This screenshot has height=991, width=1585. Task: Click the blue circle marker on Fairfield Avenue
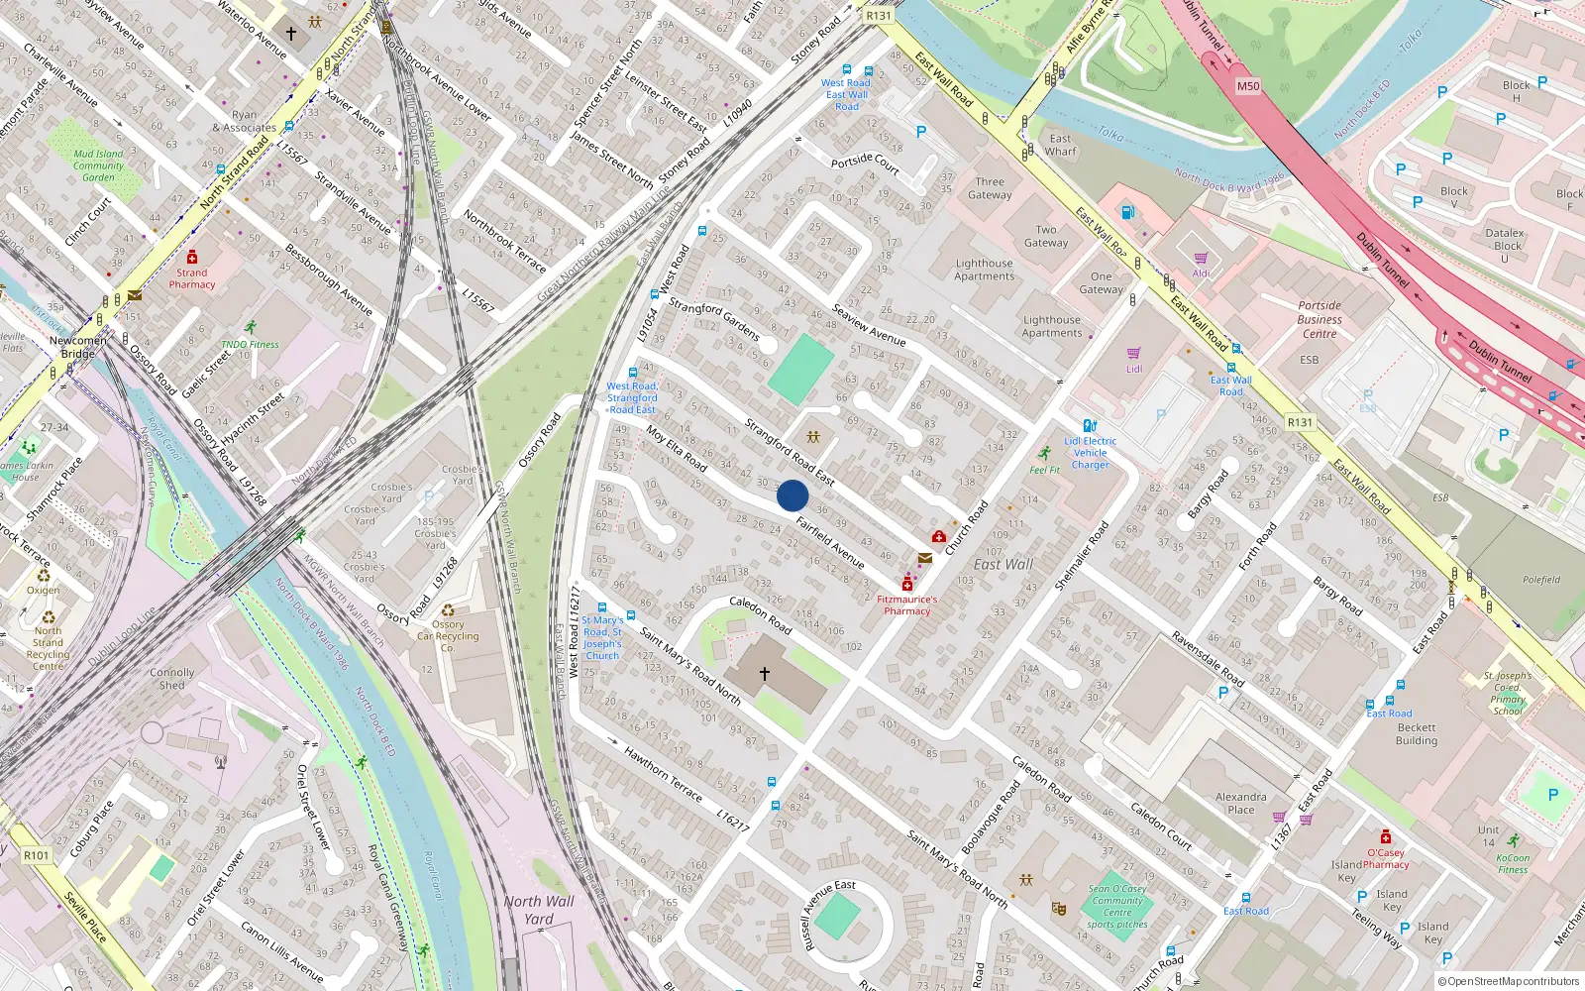coord(792,495)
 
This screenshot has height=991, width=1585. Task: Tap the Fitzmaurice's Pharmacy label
coord(906,606)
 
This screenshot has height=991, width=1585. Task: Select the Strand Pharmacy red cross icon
coord(192,258)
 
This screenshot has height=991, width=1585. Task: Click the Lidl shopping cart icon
coord(1134,353)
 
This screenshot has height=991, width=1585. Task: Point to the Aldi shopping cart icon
coord(1201,259)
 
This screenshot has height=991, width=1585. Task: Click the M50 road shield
coord(1248,86)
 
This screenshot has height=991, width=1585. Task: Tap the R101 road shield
coord(37,855)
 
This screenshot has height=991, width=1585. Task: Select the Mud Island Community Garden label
coord(98,165)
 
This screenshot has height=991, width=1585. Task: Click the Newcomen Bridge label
coord(78,347)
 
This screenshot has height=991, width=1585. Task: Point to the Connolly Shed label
coord(172,678)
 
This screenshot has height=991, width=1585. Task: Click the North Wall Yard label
coord(538,910)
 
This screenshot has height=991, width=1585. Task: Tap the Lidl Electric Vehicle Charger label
coord(1090,453)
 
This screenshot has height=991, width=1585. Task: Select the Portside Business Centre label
coord(1320,319)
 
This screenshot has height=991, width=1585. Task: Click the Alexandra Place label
coord(1240,803)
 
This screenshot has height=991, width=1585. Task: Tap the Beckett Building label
coord(1416,733)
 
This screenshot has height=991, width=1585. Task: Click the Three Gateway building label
coord(990,188)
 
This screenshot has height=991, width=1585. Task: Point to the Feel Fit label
coord(1044,470)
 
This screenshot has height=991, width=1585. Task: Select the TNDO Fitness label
coord(250,344)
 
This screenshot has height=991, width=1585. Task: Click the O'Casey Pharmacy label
coord(1385,858)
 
